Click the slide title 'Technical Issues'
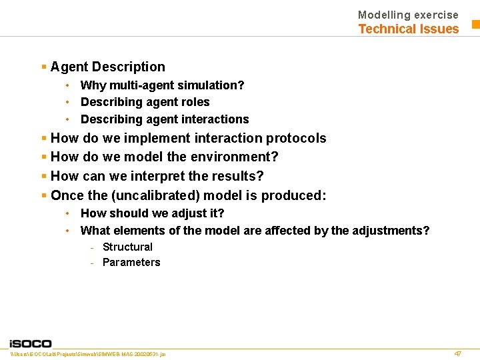[x=408, y=29]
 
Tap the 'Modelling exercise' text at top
[x=408, y=15]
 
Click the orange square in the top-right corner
[x=476, y=25]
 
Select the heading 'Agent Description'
[x=107, y=67]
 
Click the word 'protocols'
[x=296, y=138]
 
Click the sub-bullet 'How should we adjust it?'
[x=152, y=213]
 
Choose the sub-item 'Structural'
[x=127, y=247]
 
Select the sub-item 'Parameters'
[x=131, y=262]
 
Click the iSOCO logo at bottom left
[x=30, y=343]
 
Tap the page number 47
[x=457, y=353]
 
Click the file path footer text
[x=88, y=353]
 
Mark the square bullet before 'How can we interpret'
[x=44, y=176]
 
